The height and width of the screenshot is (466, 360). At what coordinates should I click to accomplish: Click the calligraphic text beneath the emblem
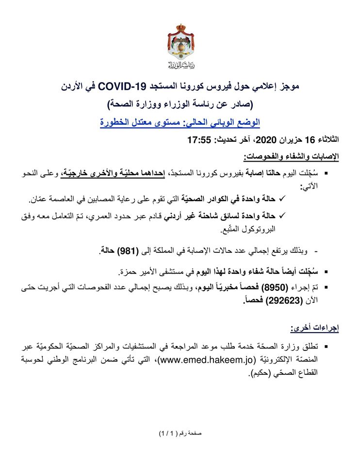[x=180, y=64]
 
